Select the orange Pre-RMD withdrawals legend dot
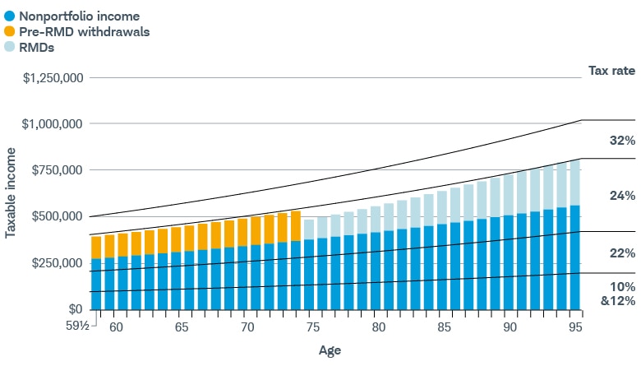pyautogui.click(x=9, y=31)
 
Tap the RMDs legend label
pyautogui.click(x=38, y=48)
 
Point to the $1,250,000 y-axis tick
pyautogui.click(x=52, y=78)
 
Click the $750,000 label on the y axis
pyautogui.click(x=56, y=170)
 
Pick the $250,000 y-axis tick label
pyautogui.click(x=56, y=263)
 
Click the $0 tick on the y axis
pyautogui.click(x=75, y=309)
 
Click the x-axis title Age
pyautogui.click(x=330, y=350)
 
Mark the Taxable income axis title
pyautogui.click(x=11, y=194)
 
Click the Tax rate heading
pyautogui.click(x=611, y=71)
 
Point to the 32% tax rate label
pyautogui.click(x=622, y=141)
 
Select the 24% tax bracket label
pyautogui.click(x=622, y=196)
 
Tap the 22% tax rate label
pyautogui.click(x=622, y=253)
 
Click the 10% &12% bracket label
pyautogui.click(x=622, y=293)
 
